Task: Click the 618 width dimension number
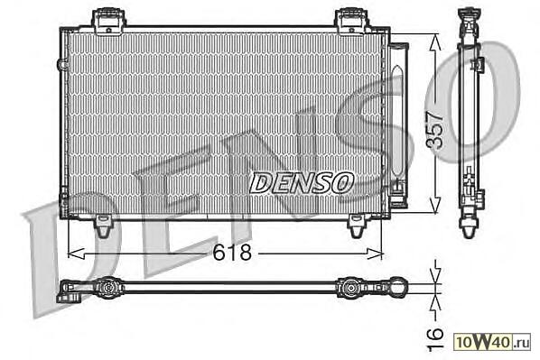click(x=232, y=253)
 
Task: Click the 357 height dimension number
click(x=434, y=130)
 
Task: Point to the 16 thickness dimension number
click(x=434, y=338)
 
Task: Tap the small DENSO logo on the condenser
click(x=302, y=183)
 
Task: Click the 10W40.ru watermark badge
click(x=492, y=342)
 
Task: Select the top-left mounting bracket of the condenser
click(x=108, y=22)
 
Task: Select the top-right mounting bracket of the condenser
click(x=352, y=22)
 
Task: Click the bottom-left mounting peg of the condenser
click(x=103, y=226)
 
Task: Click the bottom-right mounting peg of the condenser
click(x=357, y=226)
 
